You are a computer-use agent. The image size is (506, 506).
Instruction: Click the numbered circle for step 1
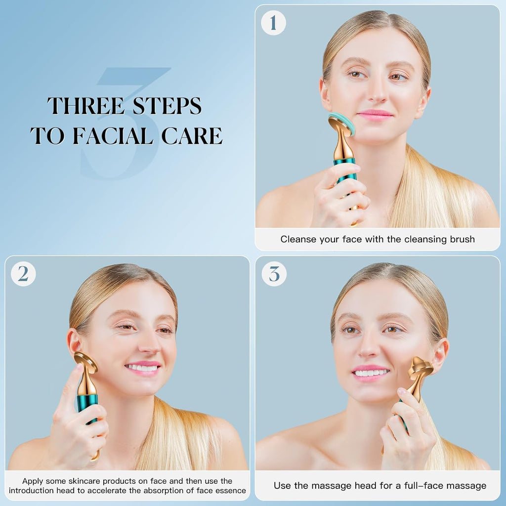tap(273, 23)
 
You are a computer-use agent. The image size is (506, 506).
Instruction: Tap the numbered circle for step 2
tap(23, 274)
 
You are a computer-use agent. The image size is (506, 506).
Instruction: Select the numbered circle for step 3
tap(274, 274)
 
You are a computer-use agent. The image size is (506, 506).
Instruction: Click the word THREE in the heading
tap(83, 106)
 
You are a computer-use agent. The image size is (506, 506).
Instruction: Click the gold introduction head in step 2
tap(86, 362)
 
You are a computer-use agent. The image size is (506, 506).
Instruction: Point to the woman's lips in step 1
tap(375, 115)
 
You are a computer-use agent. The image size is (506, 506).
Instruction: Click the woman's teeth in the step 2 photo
tap(143, 368)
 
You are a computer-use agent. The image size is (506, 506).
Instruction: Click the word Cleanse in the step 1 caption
tap(298, 239)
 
